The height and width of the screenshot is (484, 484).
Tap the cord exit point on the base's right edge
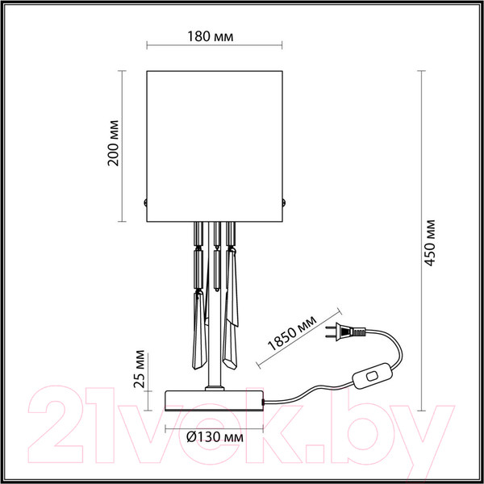pos(265,400)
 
